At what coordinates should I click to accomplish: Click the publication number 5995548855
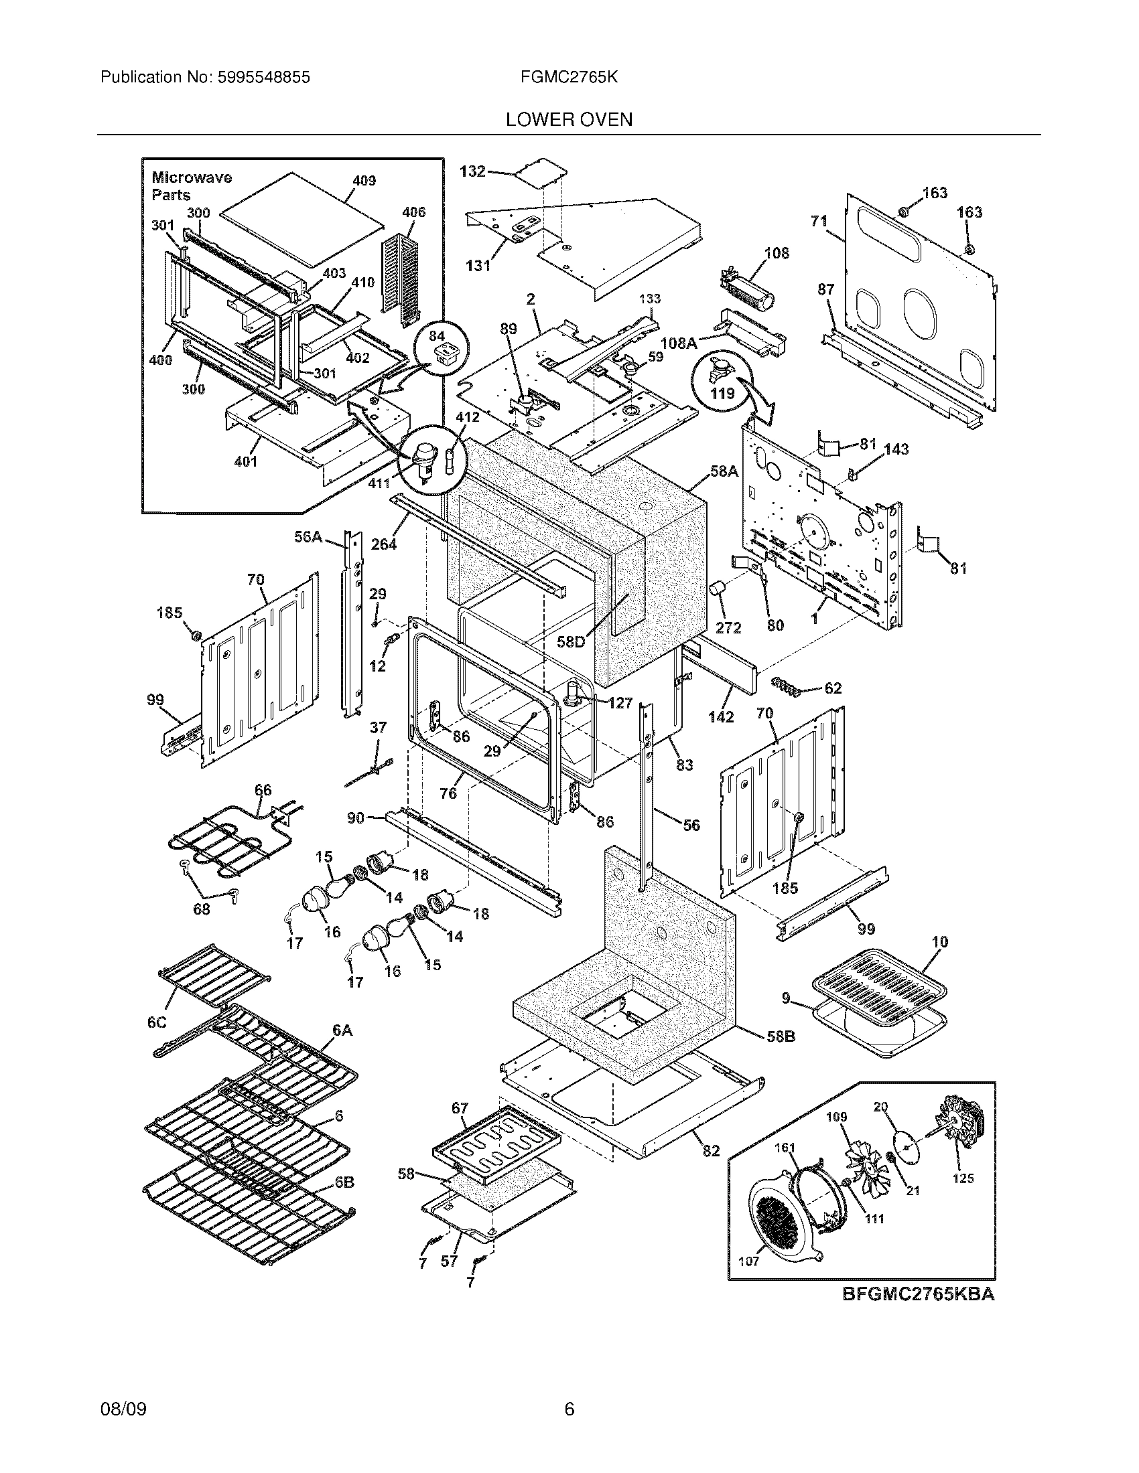(x=263, y=78)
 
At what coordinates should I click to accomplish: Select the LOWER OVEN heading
(x=569, y=120)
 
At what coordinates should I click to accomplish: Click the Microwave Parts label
(x=191, y=186)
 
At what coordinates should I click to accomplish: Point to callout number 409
(x=364, y=181)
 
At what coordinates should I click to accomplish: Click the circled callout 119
(x=722, y=393)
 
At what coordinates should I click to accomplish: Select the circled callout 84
(x=437, y=335)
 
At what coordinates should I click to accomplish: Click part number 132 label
(x=472, y=171)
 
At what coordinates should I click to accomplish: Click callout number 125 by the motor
(x=963, y=1178)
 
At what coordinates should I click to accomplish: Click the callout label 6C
(x=157, y=1023)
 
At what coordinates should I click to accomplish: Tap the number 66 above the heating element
(x=263, y=790)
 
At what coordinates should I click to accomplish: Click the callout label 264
(x=383, y=544)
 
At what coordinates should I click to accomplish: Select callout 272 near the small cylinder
(x=728, y=628)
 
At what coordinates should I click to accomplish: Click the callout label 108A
(x=678, y=343)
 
